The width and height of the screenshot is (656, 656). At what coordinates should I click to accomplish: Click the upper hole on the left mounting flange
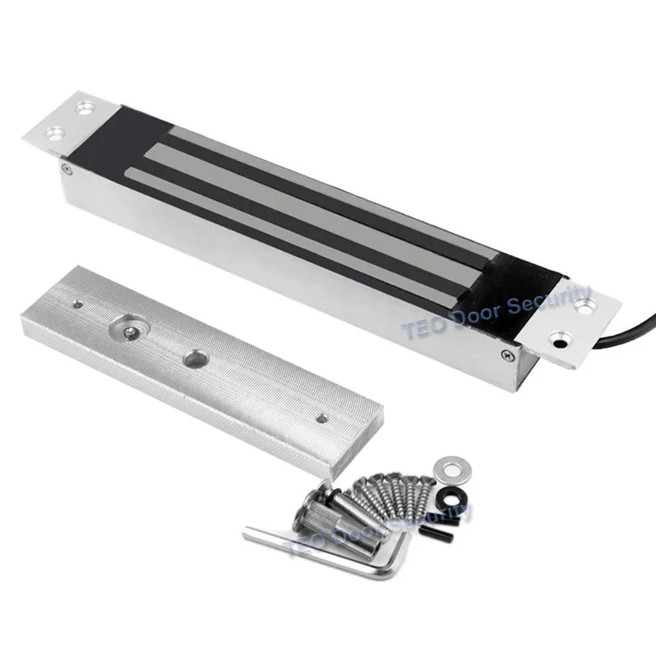(87, 108)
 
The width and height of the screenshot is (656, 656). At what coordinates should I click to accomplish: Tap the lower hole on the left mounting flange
(56, 134)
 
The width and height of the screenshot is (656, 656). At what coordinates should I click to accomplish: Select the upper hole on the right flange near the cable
(583, 306)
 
